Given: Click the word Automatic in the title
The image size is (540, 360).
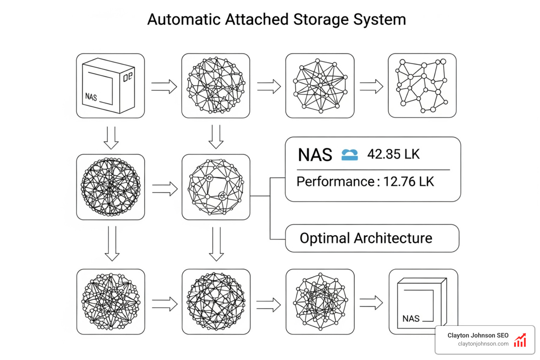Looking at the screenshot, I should coord(184,20).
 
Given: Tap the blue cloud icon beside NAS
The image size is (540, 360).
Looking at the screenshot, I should coord(349,155).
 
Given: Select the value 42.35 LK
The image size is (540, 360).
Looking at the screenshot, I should coord(393,154).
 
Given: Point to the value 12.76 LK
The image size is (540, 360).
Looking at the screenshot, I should coord(409,182).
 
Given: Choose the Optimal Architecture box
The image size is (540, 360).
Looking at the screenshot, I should coord(372,238).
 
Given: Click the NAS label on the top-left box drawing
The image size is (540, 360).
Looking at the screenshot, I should coord(91,97).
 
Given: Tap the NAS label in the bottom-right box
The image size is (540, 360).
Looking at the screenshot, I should coord(411,319).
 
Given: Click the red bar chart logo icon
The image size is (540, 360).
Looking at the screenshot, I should coord(520,340).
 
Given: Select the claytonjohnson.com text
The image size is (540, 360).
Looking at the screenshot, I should coord(483,344).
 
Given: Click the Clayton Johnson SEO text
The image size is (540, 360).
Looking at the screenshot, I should coord(478,335).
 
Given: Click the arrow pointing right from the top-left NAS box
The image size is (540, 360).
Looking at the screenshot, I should coord(164,86).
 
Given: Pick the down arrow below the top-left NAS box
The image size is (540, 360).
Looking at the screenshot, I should coord(111,138).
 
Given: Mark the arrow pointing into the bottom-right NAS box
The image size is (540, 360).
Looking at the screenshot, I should coord(371,303).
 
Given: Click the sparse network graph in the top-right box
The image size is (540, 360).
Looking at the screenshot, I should coord(422,85).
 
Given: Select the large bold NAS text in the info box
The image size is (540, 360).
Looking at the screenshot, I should coord(315,155).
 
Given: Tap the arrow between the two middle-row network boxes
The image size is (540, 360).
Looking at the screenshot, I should coord(165,189).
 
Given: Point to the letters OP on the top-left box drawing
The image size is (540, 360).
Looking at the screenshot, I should coord(128,77).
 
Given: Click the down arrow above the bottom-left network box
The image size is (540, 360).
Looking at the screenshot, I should coord(112,244).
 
